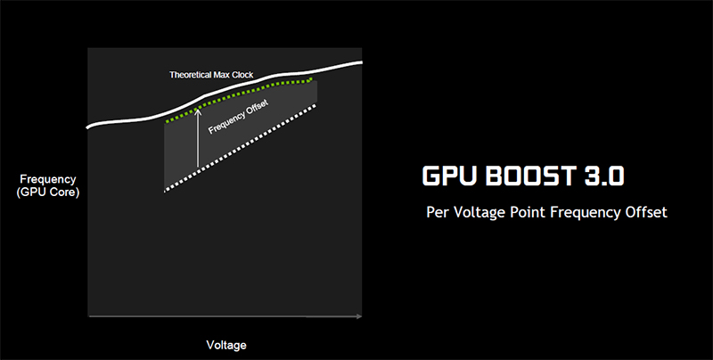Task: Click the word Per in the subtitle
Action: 438,214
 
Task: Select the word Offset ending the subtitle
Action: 645,214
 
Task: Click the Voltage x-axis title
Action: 225,344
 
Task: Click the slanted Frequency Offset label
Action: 238,117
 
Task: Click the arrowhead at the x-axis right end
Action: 359,315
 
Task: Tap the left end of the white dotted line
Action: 166,190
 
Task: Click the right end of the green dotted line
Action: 313,78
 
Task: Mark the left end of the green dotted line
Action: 166,121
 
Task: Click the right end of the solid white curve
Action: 363,62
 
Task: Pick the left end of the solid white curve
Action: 87,127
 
